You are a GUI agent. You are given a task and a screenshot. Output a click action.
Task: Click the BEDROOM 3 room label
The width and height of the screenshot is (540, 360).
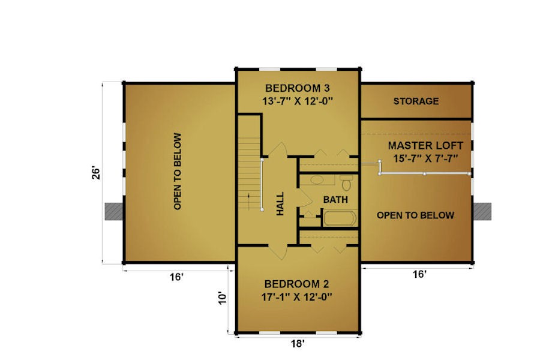(x=298, y=88)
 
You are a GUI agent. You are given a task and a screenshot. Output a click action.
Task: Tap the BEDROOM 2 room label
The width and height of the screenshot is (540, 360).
(x=296, y=284)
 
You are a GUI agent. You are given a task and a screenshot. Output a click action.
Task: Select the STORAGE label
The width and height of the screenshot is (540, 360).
(x=416, y=101)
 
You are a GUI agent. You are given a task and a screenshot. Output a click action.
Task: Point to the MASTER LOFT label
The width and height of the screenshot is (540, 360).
(x=425, y=145)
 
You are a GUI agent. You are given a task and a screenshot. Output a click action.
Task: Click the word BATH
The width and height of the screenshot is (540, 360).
(x=335, y=200)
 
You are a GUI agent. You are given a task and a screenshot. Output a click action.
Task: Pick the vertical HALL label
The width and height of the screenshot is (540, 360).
(x=280, y=204)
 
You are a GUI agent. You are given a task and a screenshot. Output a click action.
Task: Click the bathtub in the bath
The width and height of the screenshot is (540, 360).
(x=340, y=218)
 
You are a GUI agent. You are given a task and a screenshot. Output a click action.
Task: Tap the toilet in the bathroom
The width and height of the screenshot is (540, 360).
(x=346, y=182)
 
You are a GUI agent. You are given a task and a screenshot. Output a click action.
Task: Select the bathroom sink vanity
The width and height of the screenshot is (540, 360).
(x=317, y=180)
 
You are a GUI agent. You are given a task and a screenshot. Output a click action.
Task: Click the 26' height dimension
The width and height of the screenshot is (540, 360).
(x=96, y=173)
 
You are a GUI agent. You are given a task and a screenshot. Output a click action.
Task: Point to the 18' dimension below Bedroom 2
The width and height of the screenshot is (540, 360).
(x=297, y=343)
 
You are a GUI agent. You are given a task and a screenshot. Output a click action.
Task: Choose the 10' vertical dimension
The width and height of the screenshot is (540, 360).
(x=223, y=298)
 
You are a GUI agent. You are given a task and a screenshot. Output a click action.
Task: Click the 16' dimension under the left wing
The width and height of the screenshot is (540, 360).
(x=176, y=277)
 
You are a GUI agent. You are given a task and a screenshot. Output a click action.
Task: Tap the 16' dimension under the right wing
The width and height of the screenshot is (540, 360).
(x=419, y=274)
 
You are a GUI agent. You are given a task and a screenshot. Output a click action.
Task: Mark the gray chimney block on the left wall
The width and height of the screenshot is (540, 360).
(x=114, y=211)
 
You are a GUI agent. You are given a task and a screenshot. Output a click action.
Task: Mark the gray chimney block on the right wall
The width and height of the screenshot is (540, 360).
(x=482, y=211)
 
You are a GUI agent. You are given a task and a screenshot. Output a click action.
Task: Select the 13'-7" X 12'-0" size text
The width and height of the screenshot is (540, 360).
(x=298, y=101)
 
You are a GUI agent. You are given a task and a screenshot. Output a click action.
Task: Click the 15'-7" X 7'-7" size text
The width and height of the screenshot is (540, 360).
(x=425, y=158)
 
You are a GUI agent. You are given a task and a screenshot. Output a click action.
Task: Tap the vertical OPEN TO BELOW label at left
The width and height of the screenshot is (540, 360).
(x=178, y=171)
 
